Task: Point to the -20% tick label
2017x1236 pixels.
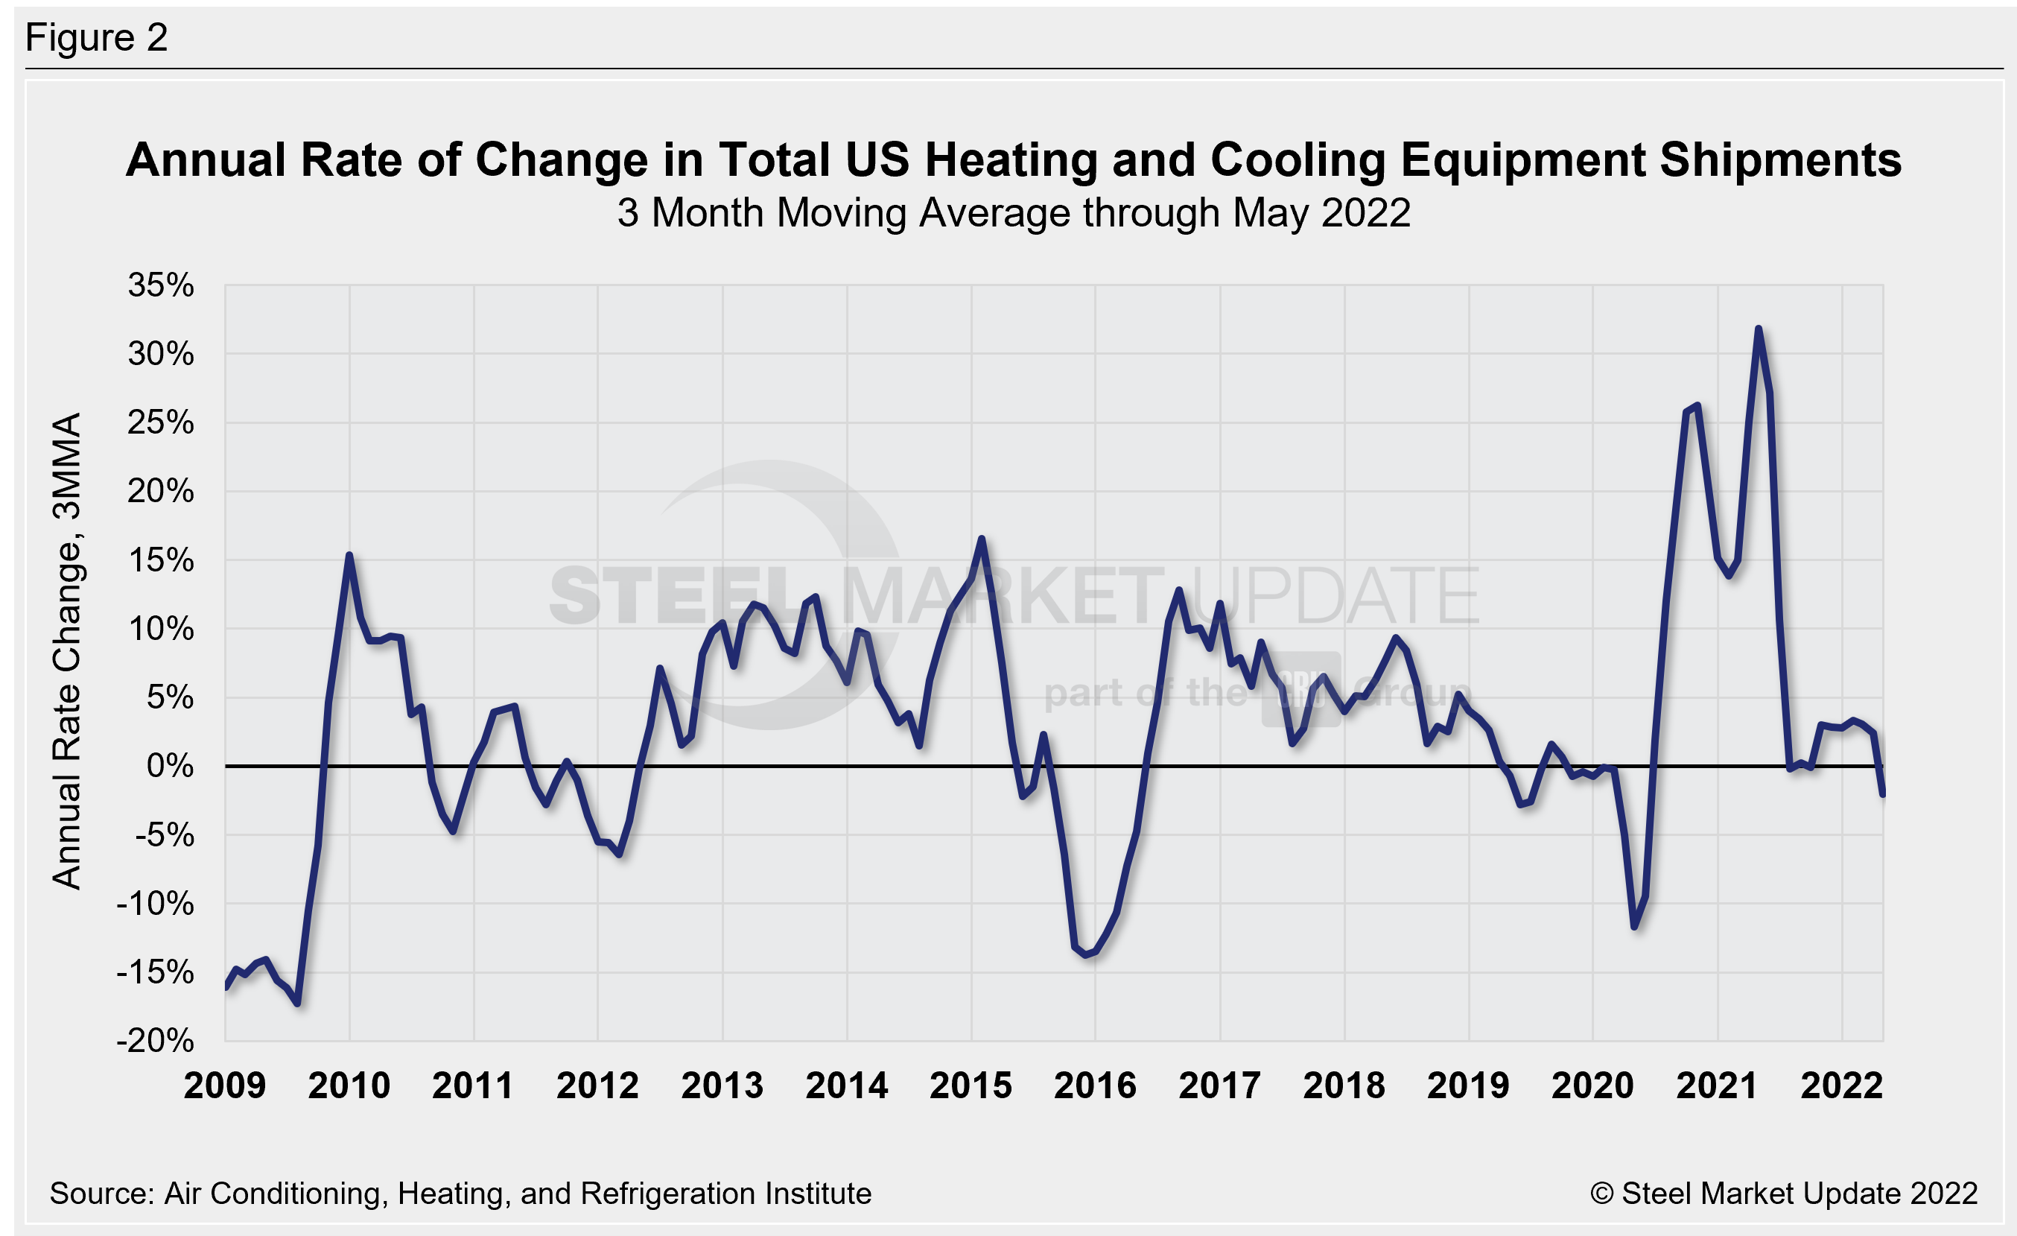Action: (x=156, y=1042)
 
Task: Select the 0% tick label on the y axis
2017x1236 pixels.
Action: (x=171, y=766)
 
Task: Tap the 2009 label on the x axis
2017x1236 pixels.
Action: (x=224, y=1086)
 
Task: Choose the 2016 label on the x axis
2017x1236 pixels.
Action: (x=1095, y=1086)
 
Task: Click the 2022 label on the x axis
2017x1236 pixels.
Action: (x=1842, y=1086)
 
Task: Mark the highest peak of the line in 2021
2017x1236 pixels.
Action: (x=1759, y=329)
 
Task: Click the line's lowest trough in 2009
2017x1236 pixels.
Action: (x=297, y=1003)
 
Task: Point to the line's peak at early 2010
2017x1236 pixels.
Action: (x=349, y=556)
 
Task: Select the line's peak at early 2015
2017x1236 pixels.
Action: (x=982, y=539)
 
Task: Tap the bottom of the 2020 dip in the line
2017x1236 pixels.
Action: (x=1635, y=927)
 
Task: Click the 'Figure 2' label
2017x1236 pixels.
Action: (x=97, y=38)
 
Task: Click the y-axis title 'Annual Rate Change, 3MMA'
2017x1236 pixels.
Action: (x=67, y=650)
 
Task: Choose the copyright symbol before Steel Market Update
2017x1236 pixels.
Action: (x=1601, y=1194)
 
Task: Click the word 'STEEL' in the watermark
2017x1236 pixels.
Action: (x=671, y=596)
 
